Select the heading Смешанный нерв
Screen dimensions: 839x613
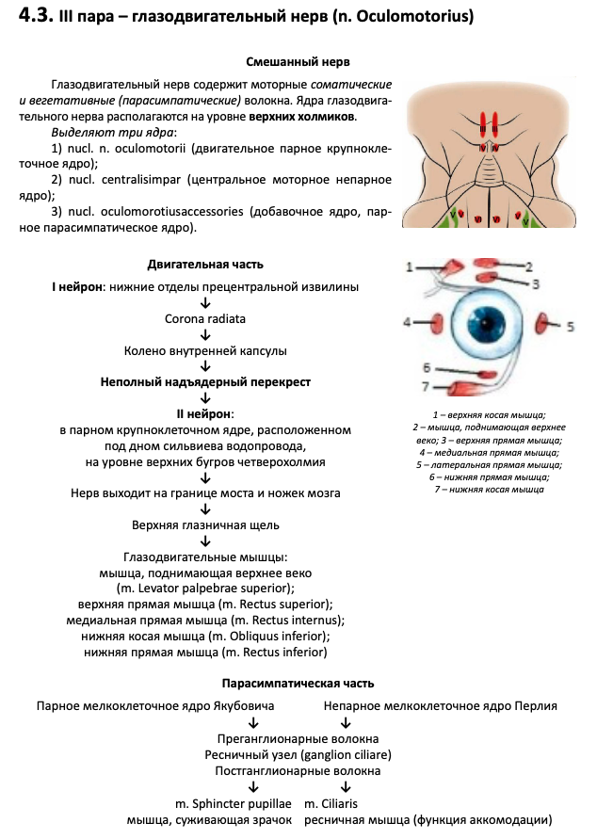tap(297, 61)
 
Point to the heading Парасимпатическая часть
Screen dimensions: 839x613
tap(298, 683)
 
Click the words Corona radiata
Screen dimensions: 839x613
tap(205, 318)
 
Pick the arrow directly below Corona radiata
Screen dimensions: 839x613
tap(205, 334)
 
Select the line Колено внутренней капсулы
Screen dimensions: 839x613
tap(205, 350)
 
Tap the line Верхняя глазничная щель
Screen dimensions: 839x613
tap(205, 524)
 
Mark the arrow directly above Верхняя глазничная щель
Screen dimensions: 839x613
tap(205, 508)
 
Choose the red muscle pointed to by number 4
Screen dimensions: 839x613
tap(437, 323)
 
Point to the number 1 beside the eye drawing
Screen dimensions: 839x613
tap(410, 266)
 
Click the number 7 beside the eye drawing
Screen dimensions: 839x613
tap(426, 385)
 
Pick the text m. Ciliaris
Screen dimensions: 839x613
tap(331, 803)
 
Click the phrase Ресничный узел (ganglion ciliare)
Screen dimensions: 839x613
tap(298, 754)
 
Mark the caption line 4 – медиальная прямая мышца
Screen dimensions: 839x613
tap(489, 452)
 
